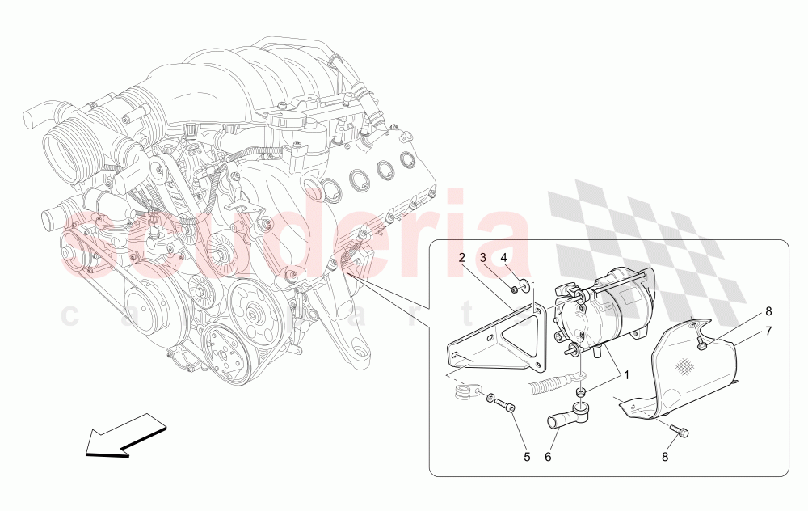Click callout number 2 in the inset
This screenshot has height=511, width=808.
click(461, 257)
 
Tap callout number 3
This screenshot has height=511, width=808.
click(483, 257)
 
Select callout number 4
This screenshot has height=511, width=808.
click(504, 257)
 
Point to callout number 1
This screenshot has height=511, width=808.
click(624, 375)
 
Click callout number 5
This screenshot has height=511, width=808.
click(527, 457)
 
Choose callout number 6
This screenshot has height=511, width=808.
click(548, 457)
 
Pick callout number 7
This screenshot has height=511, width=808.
click(768, 330)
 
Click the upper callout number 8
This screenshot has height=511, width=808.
click(768, 310)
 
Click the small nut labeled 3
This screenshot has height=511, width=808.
click(514, 289)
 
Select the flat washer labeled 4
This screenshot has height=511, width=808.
click(528, 284)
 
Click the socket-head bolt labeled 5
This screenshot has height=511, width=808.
click(503, 406)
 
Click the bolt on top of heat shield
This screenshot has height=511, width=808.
click(702, 345)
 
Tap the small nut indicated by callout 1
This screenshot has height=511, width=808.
click(580, 393)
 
